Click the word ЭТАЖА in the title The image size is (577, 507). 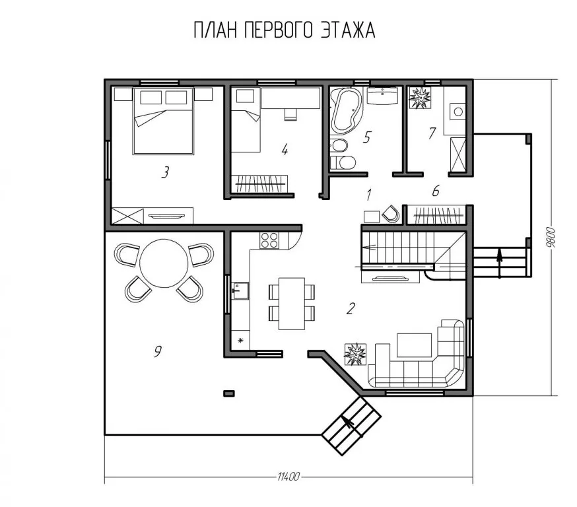(347, 30)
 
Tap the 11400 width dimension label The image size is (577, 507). (288, 477)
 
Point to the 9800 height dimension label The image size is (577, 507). (551, 238)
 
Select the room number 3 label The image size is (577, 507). (165, 172)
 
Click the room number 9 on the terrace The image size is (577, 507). (157, 351)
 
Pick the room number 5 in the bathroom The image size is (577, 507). (366, 137)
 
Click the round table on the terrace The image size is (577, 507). (164, 263)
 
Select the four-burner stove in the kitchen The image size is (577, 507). (269, 240)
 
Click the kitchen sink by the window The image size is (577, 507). (240, 290)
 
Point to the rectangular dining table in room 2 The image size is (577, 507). (292, 304)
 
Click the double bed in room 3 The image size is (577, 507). (163, 121)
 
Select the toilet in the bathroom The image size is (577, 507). (343, 162)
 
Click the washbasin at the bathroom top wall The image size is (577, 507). (383, 96)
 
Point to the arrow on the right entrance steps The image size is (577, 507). (499, 262)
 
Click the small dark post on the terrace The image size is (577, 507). (229, 393)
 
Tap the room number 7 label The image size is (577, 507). (432, 133)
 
